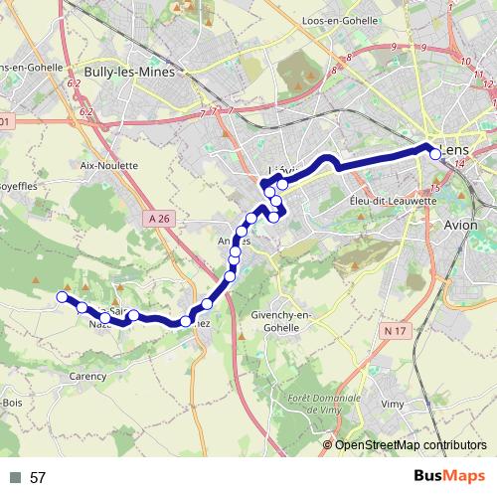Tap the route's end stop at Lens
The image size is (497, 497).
tap(434, 152)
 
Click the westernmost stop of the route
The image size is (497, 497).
tap(62, 296)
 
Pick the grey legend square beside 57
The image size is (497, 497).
tap(13, 478)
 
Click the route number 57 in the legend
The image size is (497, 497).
tap(38, 478)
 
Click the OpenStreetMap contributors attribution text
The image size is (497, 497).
tap(411, 446)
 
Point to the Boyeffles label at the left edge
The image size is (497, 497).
tap(18, 185)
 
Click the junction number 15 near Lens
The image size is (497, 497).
tap(435, 188)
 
